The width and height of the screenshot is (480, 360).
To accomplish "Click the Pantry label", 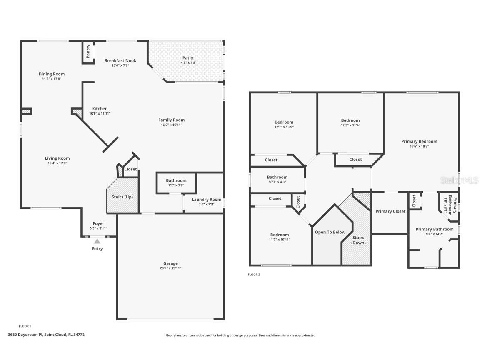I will [x=88, y=52].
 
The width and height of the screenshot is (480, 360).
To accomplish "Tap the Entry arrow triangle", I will [x=97, y=241].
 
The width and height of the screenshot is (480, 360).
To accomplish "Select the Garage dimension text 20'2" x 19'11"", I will [x=170, y=268].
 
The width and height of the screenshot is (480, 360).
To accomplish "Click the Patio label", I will [x=187, y=58].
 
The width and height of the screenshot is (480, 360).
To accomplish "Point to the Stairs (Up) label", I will [x=122, y=197].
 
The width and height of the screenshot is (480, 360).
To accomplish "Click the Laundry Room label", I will [x=206, y=199].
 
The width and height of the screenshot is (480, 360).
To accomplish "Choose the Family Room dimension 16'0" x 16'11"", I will [x=171, y=125].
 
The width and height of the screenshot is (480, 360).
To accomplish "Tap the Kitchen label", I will [x=100, y=109].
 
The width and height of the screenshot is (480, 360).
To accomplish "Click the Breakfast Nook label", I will [x=120, y=60].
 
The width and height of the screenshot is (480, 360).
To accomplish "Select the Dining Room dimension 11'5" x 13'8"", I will [x=52, y=79].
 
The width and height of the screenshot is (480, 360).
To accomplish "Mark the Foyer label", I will [x=98, y=223].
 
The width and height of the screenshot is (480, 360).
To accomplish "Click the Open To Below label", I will [x=330, y=232].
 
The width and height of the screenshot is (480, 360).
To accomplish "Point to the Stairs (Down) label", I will [x=358, y=240].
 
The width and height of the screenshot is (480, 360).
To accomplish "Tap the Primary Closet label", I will [x=390, y=211].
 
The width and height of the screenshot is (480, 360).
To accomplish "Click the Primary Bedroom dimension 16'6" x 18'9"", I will [x=419, y=146].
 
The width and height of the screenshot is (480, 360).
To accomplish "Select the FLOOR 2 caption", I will [x=254, y=275].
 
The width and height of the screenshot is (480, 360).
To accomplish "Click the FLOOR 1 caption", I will [x=25, y=326].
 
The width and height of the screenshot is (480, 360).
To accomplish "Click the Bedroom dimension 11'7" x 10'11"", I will [x=279, y=240].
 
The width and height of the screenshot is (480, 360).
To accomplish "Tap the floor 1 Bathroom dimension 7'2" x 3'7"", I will [x=176, y=185].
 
